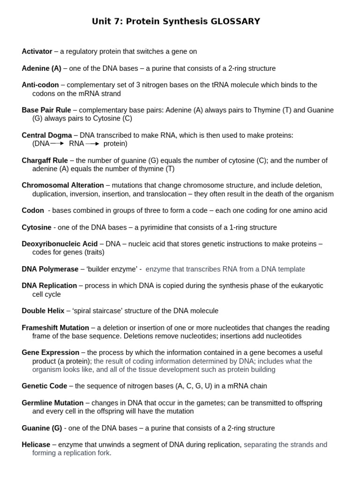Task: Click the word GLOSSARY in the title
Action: coord(235,22)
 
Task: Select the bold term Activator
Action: coord(37,51)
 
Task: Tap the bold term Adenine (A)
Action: coord(41,68)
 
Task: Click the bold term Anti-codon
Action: coord(40,85)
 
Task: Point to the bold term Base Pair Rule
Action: coord(46,110)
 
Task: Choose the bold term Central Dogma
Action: coord(47,135)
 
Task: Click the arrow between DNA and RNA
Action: coord(58,144)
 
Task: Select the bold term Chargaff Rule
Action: coord(45,160)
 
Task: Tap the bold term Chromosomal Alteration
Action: coord(63,185)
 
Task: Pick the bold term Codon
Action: coord(33,210)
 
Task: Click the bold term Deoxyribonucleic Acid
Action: coord(60,244)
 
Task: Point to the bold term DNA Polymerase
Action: coord(50,269)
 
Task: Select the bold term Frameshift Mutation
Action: coord(55,328)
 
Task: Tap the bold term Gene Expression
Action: coord(51,352)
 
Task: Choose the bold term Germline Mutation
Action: coord(52,403)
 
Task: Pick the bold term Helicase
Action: coord(36,444)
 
